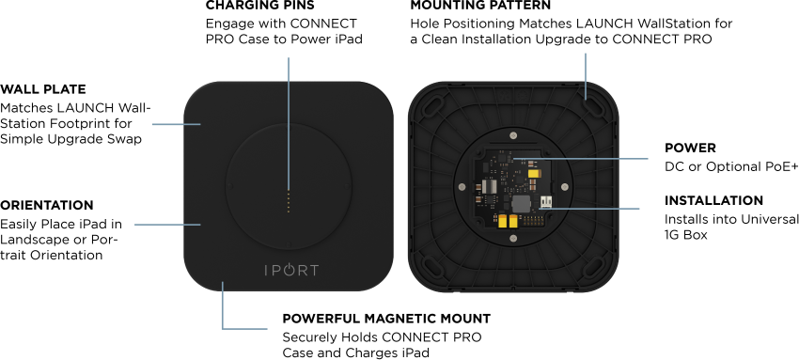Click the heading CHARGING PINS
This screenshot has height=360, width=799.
[x=259, y=5]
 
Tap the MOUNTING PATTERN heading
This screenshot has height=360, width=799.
[x=480, y=5]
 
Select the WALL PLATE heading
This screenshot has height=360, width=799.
[x=43, y=89]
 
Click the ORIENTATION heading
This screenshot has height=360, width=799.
[x=47, y=205]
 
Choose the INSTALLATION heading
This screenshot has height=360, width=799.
[x=713, y=200]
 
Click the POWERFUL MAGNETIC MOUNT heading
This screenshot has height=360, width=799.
[x=386, y=319]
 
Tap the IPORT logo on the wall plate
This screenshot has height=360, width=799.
[x=291, y=270]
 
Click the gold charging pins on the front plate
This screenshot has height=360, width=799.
[x=289, y=202]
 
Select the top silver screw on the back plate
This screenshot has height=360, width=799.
[x=513, y=135]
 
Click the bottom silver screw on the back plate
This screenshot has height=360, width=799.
[x=513, y=239]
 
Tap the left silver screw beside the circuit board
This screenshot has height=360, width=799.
[x=462, y=186]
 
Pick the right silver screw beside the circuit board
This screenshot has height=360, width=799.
[x=565, y=186]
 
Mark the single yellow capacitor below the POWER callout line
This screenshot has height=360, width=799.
[x=534, y=174]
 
